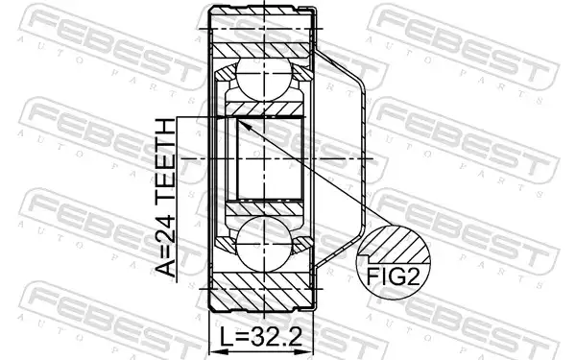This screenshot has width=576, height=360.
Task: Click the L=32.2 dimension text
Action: click(x=261, y=337)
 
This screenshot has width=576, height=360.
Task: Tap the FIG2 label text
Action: click(x=393, y=276)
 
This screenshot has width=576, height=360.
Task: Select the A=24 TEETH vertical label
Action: click(x=166, y=199)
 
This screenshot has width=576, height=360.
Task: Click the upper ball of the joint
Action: click(x=264, y=80)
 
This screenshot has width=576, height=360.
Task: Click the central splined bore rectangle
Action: click(x=271, y=158)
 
